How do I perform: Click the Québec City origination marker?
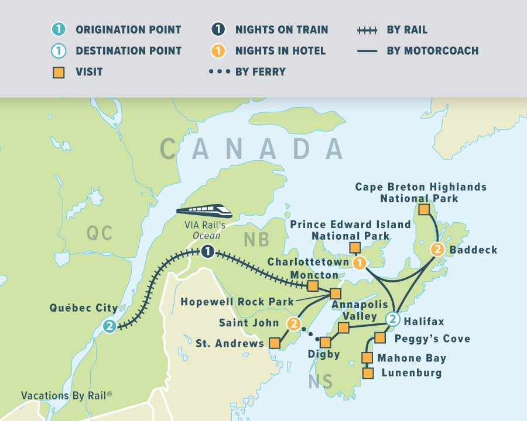pyautogui.click(x=109, y=326)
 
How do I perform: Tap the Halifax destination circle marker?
pyautogui.click(x=393, y=319)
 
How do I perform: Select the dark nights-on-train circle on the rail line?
pyautogui.click(x=207, y=252)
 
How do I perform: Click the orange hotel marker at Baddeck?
pyautogui.click(x=437, y=250)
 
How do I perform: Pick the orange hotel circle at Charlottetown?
pyautogui.click(x=360, y=263)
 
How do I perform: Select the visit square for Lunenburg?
pyautogui.click(x=368, y=372)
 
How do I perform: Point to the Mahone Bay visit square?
pyautogui.click(x=367, y=357)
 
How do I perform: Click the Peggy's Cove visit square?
pyautogui.click(x=380, y=337)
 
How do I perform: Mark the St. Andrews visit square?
pyautogui.click(x=273, y=343)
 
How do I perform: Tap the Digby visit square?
pyautogui.click(x=326, y=342)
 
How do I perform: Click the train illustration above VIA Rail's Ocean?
pyautogui.click(x=203, y=210)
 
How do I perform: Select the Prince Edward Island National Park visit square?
pyautogui.click(x=354, y=248)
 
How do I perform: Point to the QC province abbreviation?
pyautogui.click(x=99, y=233)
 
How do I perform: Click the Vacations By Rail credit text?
pyautogui.click(x=66, y=396)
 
